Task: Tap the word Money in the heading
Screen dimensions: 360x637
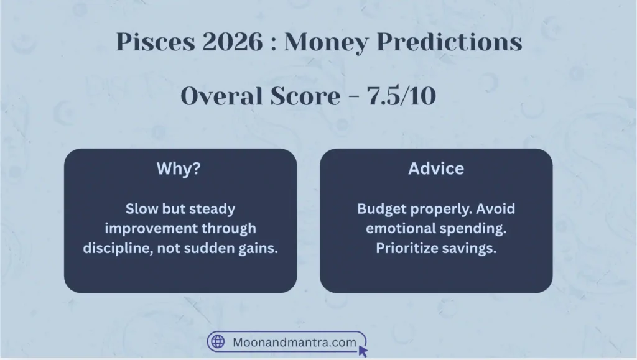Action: point(325,43)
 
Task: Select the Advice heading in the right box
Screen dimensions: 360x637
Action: point(436,169)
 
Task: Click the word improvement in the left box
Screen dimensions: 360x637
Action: point(153,228)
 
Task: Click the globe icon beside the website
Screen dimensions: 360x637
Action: point(218,342)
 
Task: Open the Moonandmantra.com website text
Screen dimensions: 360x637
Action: point(294,342)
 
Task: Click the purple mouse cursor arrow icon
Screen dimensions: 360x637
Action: point(363,351)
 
